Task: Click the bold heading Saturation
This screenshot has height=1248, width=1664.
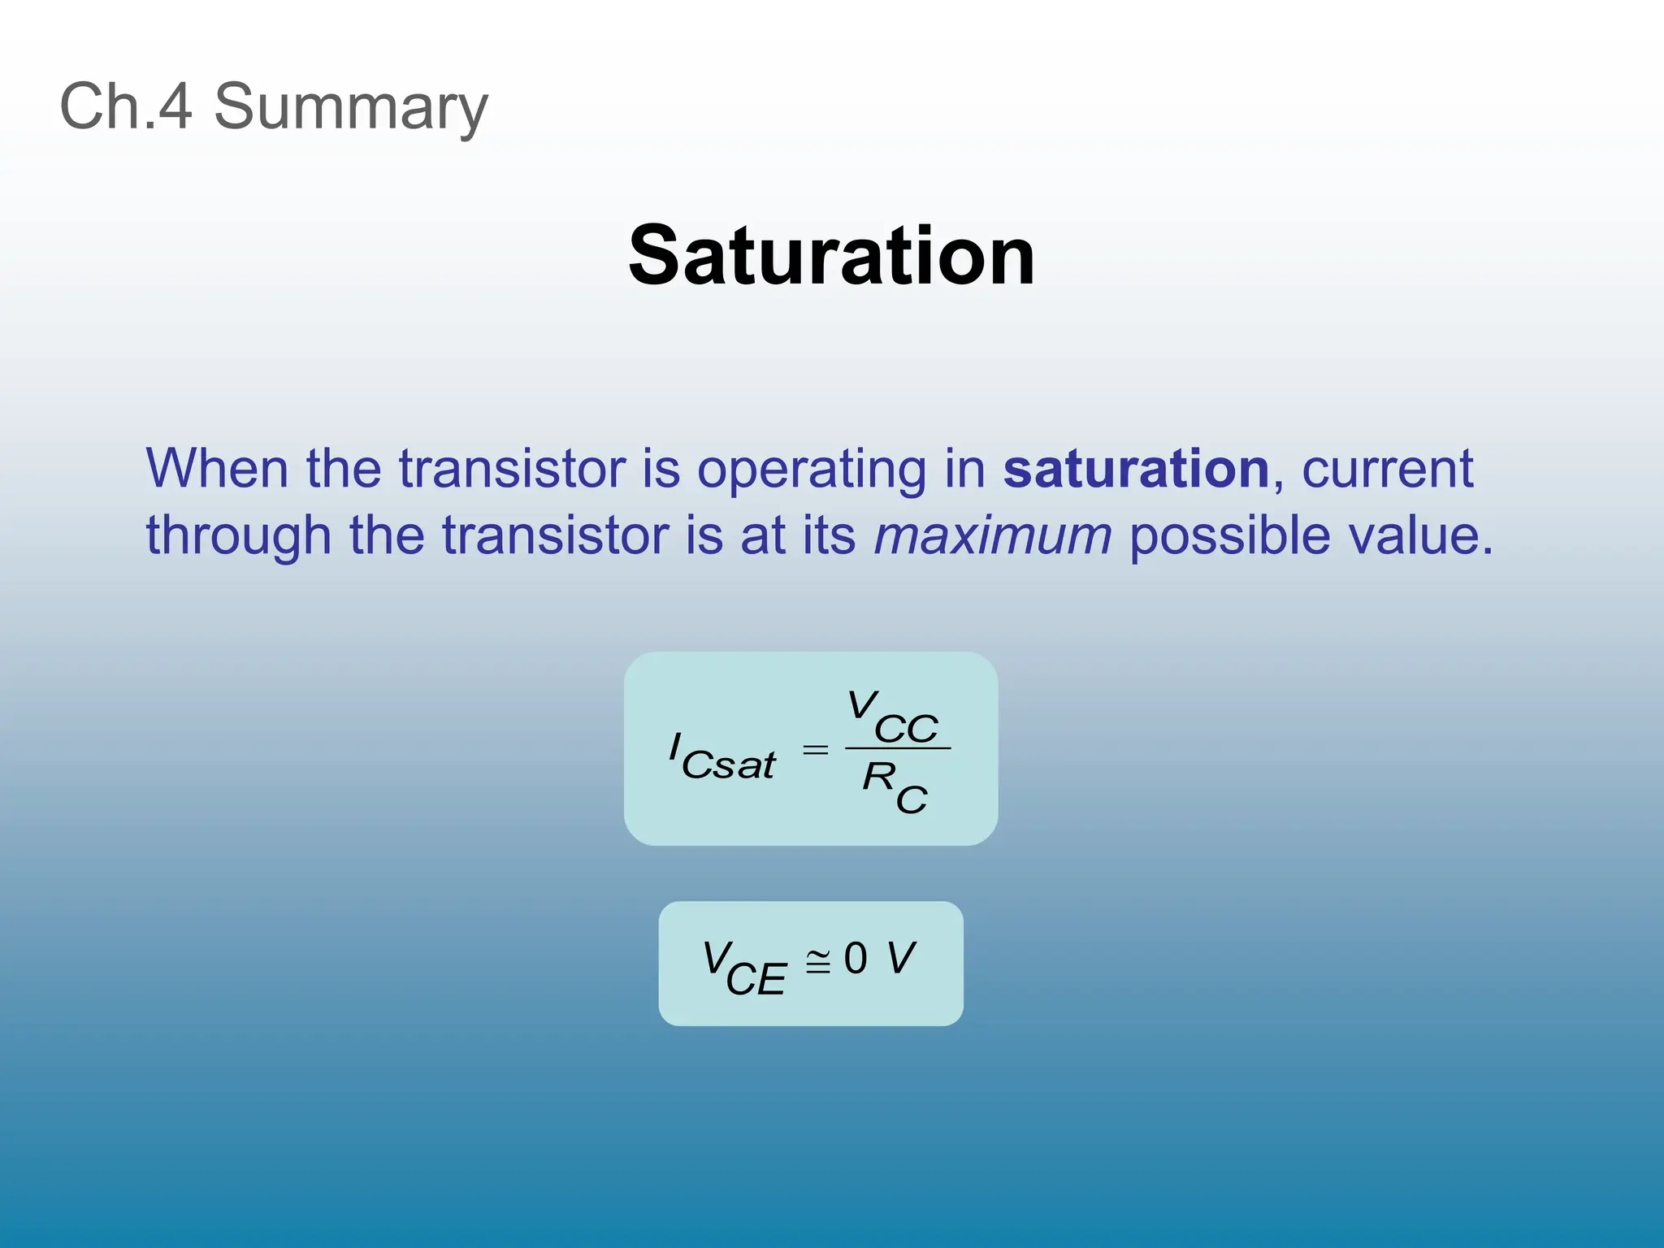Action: (x=831, y=256)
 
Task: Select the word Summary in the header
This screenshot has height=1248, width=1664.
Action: (x=351, y=108)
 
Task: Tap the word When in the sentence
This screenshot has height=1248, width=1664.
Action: (x=217, y=469)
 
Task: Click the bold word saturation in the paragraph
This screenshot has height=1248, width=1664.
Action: (x=1136, y=469)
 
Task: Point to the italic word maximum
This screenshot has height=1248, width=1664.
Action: (x=992, y=536)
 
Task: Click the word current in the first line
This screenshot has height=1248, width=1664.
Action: (x=1387, y=469)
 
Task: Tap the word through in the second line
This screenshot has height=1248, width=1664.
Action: (x=238, y=537)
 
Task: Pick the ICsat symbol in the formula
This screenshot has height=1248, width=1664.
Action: (x=721, y=757)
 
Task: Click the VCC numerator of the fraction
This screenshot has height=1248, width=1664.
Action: (x=893, y=717)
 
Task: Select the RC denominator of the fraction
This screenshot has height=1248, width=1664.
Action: (x=895, y=786)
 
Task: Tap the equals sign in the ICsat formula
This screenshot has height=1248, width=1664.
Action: (x=815, y=750)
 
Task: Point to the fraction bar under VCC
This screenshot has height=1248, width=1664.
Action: (x=897, y=748)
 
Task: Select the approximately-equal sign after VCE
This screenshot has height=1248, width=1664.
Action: (x=818, y=961)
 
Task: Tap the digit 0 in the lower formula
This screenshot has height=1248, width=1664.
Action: (x=856, y=958)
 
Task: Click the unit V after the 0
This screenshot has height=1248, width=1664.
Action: (x=901, y=958)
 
